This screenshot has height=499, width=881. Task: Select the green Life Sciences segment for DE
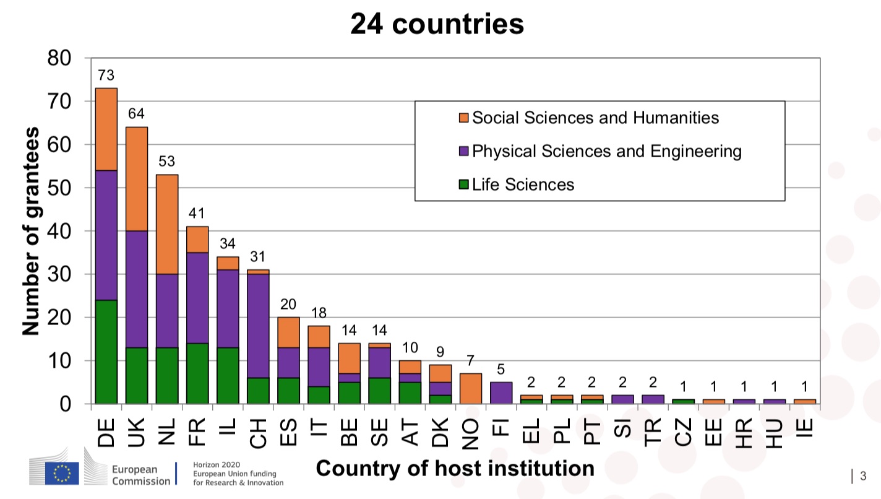[106, 352]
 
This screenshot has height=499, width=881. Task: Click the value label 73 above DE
[106, 76]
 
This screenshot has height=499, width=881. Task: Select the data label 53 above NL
[166, 162]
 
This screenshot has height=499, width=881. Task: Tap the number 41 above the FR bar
[197, 214]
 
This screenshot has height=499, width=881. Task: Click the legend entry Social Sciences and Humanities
[595, 118]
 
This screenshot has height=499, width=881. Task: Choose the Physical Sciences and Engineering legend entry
[606, 151]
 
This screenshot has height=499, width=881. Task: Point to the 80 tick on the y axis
[59, 58]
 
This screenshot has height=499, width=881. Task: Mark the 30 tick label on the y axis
[59, 274]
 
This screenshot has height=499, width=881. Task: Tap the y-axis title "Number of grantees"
[31, 231]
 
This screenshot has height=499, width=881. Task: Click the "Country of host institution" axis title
[455, 469]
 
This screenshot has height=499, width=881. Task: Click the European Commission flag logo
[62, 473]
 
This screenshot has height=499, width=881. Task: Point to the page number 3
[862, 476]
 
